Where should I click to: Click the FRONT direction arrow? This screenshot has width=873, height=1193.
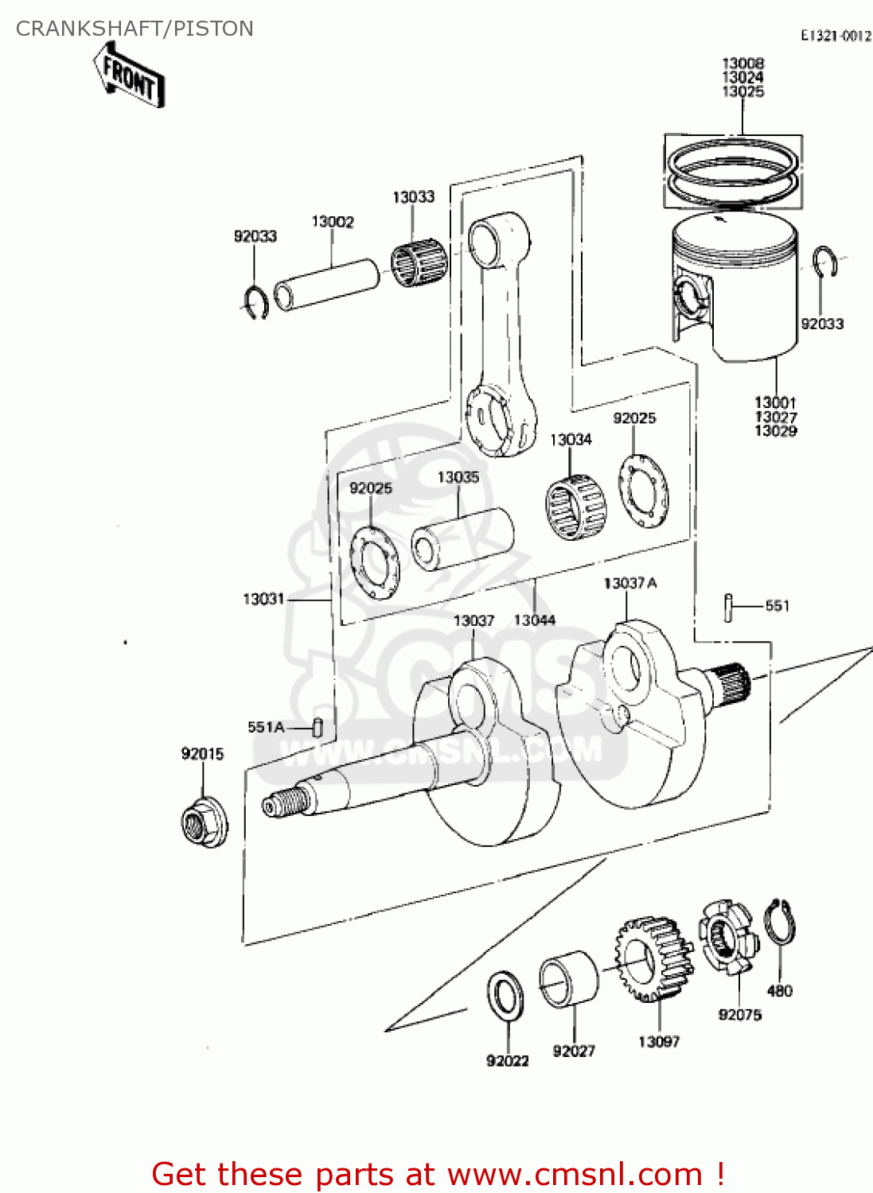[130, 76]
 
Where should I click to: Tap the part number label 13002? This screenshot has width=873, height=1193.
[332, 222]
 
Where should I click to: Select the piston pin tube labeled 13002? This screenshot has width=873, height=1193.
[326, 284]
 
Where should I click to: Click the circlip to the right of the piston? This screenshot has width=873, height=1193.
[824, 262]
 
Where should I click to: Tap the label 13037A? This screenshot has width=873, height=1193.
[629, 583]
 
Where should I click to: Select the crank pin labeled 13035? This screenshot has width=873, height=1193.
[462, 539]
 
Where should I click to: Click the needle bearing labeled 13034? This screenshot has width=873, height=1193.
[575, 507]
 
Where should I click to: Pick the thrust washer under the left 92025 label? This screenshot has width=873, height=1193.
[375, 561]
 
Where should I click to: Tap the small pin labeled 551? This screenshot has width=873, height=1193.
[727, 608]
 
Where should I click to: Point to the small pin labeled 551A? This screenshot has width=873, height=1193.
[318, 727]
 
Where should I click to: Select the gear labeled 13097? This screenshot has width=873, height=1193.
[653, 959]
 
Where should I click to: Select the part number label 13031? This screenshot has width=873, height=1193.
[263, 599]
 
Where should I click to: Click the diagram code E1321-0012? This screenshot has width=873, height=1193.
[835, 36]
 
